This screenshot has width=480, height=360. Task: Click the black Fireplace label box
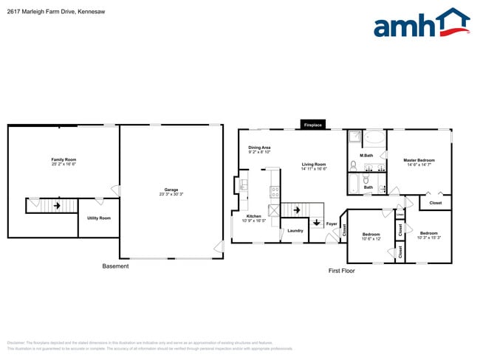313,125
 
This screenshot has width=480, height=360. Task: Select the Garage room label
171,190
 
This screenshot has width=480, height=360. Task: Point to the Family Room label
64,159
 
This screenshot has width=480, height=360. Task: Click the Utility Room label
98,218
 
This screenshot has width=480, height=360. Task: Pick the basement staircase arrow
53,205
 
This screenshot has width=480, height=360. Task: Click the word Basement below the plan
115,266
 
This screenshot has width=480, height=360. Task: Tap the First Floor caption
341,271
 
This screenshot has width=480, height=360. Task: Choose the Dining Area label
259,148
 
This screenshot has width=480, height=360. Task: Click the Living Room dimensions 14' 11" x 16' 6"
314,169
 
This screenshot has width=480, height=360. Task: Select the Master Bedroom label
419,160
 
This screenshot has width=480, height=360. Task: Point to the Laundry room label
295,231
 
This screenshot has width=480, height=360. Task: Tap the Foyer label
332,224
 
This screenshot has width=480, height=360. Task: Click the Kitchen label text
253,216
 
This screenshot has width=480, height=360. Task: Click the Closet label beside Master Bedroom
436,202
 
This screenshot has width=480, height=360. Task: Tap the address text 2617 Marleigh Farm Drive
45,12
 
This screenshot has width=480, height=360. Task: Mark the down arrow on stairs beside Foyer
316,222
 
